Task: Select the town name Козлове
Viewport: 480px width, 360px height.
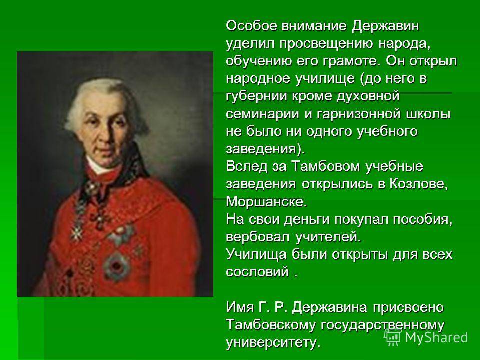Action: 418,184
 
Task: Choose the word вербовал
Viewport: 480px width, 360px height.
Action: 258,237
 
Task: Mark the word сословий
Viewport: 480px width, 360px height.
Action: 258,272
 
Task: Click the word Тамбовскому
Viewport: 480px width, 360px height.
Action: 271,325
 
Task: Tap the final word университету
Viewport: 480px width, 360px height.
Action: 273,343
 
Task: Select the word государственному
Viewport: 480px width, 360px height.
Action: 382,325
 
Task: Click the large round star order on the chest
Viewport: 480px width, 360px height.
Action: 116,265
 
